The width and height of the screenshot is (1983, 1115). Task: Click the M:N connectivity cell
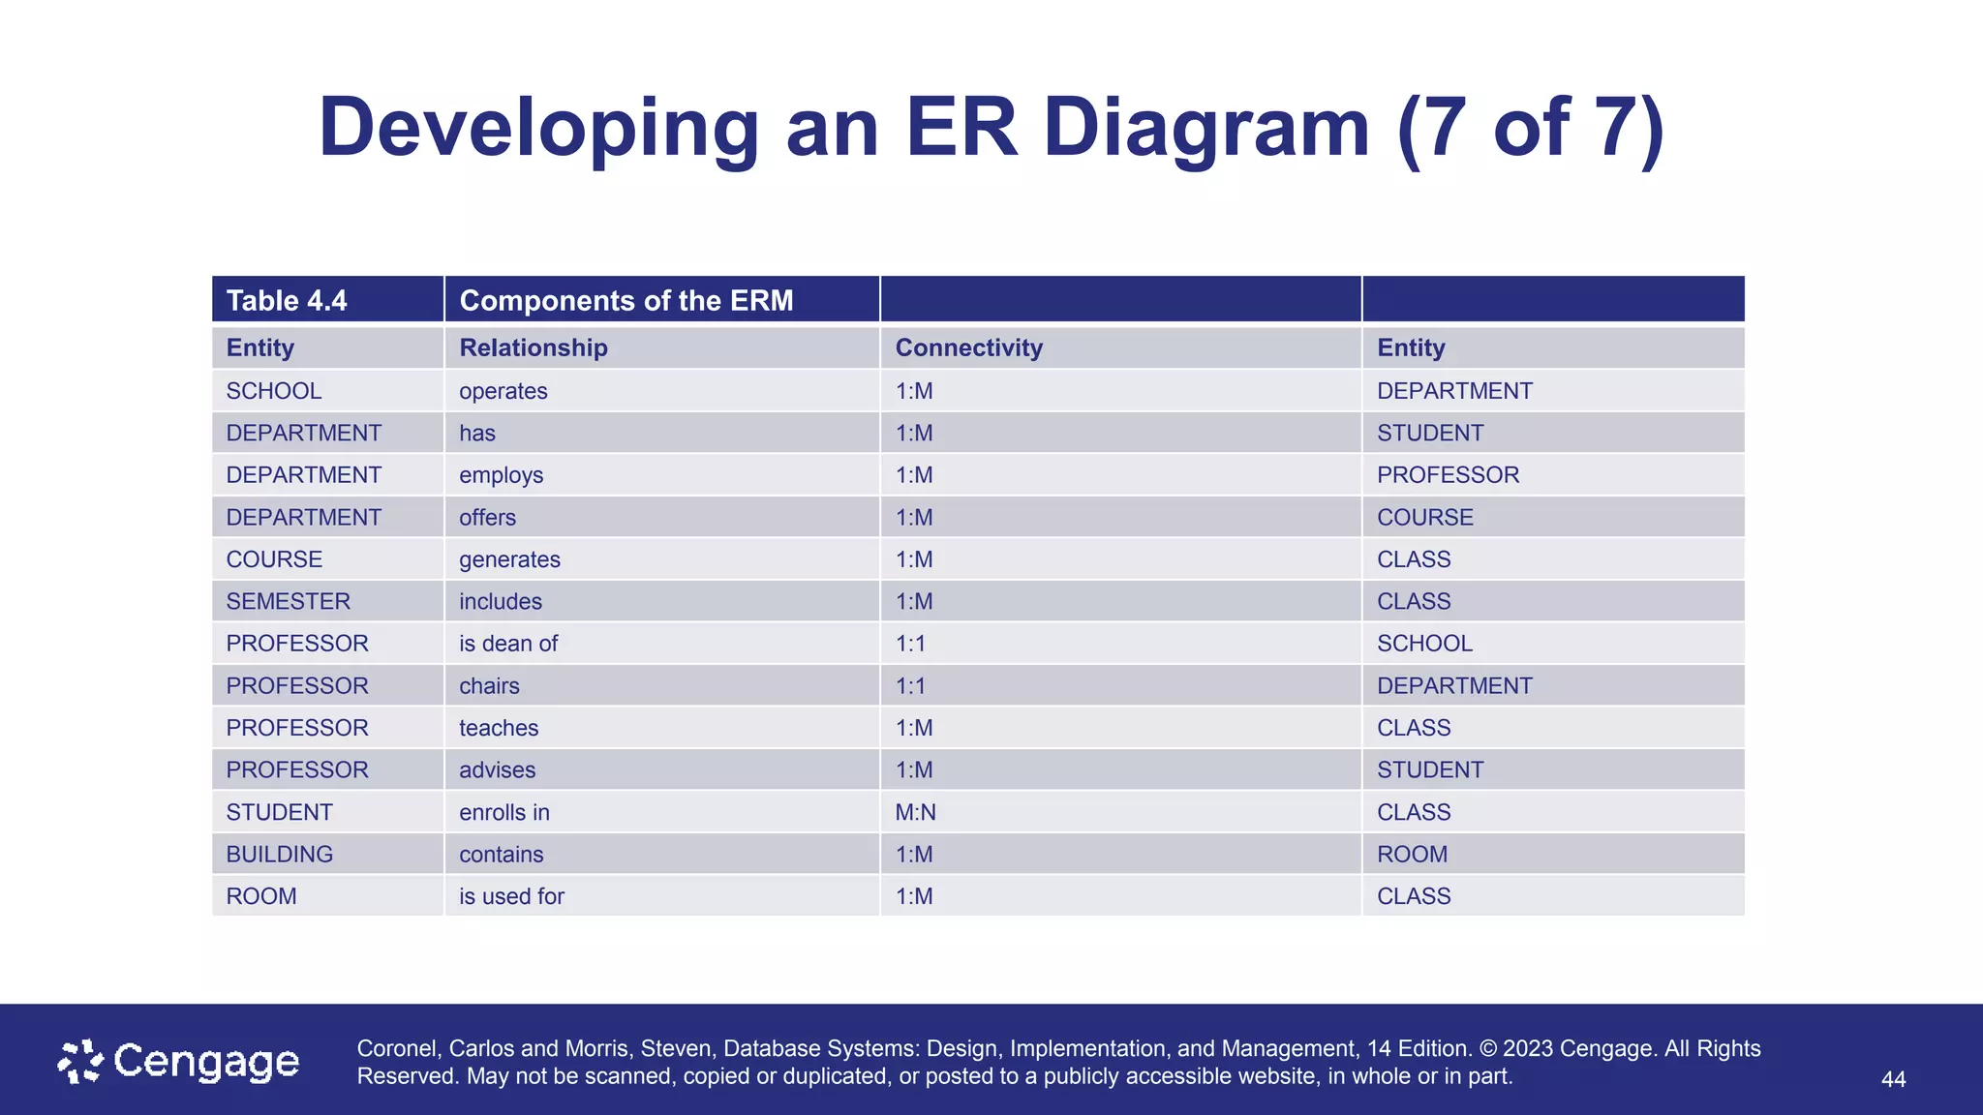pos(915,812)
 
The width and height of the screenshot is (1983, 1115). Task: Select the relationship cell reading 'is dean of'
pos(507,644)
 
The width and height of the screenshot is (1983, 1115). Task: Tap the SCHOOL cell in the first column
pos(273,391)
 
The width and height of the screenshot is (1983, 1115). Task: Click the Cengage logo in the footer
pos(178,1062)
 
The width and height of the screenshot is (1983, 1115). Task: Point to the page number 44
pos(1893,1079)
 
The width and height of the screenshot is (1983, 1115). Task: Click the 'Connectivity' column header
pos(968,347)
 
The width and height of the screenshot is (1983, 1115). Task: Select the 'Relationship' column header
pos(533,347)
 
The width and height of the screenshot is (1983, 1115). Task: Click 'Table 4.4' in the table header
pos(286,300)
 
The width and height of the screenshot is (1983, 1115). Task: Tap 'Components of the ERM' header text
pos(625,300)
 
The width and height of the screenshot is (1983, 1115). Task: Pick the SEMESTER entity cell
pos(288,601)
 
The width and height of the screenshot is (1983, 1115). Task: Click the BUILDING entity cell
pos(279,855)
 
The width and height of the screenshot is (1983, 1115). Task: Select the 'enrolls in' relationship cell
pos(503,812)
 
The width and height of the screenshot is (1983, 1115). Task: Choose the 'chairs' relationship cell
pos(489,686)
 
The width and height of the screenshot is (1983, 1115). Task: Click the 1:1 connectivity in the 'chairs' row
pos(910,686)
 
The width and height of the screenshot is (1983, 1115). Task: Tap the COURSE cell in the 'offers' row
pos(1424,518)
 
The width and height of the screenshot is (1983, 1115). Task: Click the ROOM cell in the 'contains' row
pos(1412,855)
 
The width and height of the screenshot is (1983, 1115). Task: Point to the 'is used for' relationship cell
pos(511,896)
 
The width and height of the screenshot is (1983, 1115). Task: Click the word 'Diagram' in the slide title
pos(1206,128)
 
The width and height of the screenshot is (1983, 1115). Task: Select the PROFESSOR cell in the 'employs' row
pos(1448,475)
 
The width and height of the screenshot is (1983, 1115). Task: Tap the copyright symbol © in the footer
pos(1487,1048)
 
